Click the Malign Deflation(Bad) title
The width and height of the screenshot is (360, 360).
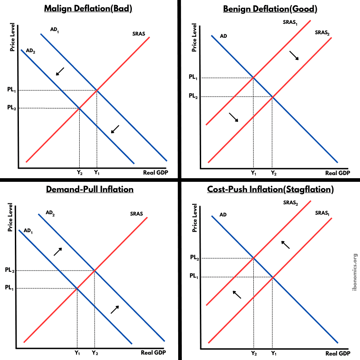[x=90, y=9]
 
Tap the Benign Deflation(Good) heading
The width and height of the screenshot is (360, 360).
[x=270, y=9]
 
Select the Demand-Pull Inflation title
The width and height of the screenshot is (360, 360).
[x=90, y=189]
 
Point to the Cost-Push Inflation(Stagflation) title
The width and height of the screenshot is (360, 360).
[x=270, y=189]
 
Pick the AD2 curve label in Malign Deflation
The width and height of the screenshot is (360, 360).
[x=31, y=51]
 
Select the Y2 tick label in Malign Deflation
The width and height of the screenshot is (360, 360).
[x=79, y=172]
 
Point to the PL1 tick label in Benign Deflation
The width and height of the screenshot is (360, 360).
[x=193, y=77]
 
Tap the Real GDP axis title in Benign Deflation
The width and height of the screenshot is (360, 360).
[x=337, y=173]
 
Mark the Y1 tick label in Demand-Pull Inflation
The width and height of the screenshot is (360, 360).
[x=77, y=353]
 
